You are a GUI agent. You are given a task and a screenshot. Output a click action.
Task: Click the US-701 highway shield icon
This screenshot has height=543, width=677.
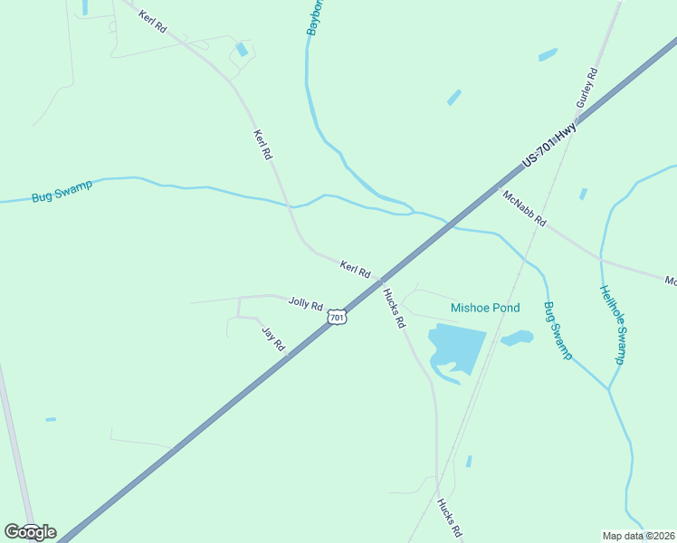click(337, 318)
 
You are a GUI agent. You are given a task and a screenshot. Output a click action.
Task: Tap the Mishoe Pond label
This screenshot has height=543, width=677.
click(485, 309)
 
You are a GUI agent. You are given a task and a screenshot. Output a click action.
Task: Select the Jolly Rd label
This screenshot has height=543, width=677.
click(305, 304)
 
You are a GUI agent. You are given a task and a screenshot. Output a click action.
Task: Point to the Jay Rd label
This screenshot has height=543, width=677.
click(273, 338)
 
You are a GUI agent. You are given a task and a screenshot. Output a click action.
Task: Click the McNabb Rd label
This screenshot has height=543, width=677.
click(525, 208)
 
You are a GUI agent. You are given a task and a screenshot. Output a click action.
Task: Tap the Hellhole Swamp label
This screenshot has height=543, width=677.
click(612, 325)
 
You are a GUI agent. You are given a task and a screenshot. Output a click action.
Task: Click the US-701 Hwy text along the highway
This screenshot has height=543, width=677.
click(549, 146)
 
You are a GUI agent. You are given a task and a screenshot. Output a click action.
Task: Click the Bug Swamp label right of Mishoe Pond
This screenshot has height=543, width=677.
click(558, 331)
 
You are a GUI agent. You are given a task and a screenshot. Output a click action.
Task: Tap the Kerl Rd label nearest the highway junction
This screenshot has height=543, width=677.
click(356, 269)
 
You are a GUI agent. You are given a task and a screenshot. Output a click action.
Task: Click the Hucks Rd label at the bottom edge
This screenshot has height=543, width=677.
click(450, 519)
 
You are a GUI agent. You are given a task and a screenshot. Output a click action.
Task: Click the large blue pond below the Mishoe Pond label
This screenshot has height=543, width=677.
click(455, 348)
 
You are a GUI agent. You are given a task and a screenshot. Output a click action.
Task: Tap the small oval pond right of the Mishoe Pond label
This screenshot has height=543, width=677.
click(517, 338)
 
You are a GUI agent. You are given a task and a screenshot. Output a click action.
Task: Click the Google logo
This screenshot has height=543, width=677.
click(30, 532)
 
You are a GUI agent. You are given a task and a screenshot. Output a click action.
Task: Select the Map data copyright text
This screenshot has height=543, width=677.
click(639, 536)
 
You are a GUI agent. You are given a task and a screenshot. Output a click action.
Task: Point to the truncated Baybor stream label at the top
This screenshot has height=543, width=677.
click(315, 18)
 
